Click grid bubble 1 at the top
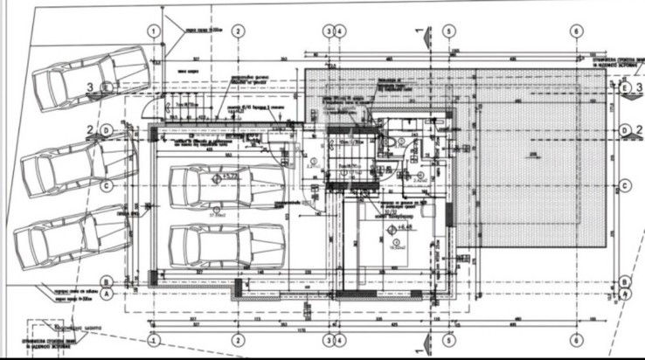pos(154,31)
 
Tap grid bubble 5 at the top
pos(447,31)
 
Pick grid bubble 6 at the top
pos(576,31)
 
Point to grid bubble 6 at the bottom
pos(576,338)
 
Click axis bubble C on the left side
pos(106,185)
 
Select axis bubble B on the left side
pos(106,281)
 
